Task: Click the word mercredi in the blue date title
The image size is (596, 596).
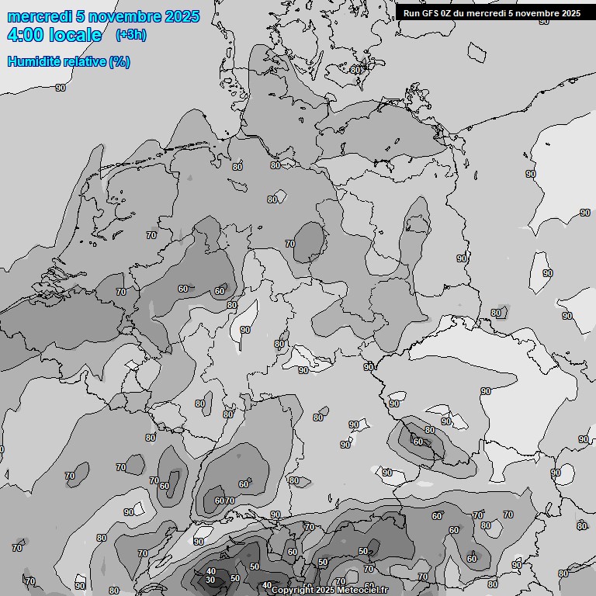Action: [39, 16]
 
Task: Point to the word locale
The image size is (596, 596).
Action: [75, 36]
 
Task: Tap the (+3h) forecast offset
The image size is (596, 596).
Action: [130, 35]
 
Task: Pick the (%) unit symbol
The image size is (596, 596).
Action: [119, 61]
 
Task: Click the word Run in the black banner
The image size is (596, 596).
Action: [411, 13]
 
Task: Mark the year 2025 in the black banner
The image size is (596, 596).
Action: [570, 13]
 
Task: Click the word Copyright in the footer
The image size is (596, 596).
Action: [292, 591]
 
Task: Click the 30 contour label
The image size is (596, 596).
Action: [210, 580]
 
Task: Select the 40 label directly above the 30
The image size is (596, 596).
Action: [210, 571]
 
